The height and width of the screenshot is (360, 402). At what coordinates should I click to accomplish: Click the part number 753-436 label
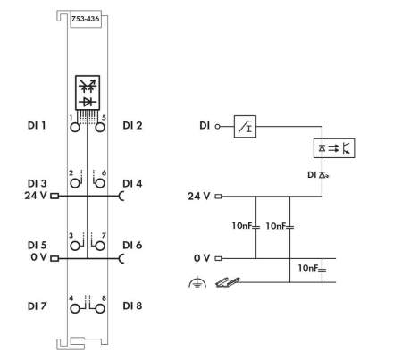tap(85, 19)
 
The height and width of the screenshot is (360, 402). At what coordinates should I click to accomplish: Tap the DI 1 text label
tap(37, 125)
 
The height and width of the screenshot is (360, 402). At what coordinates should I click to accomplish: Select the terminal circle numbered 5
tap(100, 128)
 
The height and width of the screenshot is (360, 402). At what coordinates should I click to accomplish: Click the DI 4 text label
tap(132, 183)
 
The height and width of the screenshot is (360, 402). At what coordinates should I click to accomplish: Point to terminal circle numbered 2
tap(75, 183)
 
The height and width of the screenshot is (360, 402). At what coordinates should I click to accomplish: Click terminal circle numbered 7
tap(100, 246)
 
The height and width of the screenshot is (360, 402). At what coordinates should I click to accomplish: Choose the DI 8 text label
tap(132, 306)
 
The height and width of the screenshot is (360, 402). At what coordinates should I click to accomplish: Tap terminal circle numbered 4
tap(75, 309)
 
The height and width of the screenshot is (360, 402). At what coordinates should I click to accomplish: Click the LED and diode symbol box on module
tap(88, 92)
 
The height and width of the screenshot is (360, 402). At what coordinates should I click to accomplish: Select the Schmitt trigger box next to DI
tap(245, 127)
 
